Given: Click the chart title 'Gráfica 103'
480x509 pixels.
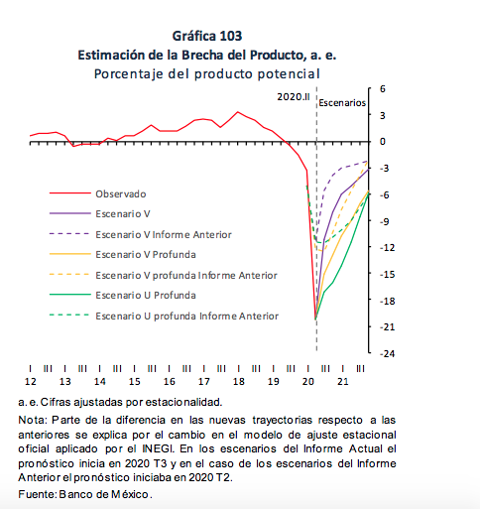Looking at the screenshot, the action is point(207,36).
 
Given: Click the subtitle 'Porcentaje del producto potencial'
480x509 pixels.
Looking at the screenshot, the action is point(207,73).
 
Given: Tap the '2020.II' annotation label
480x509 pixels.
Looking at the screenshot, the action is point(294,97).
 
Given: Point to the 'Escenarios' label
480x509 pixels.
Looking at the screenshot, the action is point(342,103).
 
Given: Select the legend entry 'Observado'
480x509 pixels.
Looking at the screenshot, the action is point(121,193).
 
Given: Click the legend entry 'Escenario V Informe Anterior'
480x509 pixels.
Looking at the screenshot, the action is point(164,234).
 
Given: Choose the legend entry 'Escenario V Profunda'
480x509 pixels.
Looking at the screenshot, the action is point(146,255).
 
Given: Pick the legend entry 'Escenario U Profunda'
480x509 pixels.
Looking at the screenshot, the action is point(146,296).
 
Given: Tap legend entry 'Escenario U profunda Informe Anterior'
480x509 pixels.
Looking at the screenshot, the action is point(187,317).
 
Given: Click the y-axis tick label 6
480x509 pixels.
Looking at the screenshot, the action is point(383,88).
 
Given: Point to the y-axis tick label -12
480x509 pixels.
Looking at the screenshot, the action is point(387,247).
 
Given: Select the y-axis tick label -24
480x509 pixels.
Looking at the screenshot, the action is point(387,353).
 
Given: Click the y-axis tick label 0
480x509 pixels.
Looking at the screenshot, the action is point(383,142).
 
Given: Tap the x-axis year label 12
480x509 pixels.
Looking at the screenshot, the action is point(31,382).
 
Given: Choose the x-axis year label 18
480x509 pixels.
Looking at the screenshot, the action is point(239,382).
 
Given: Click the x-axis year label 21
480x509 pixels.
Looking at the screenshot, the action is point(343,382).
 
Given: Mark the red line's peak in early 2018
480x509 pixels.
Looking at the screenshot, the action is point(238,112).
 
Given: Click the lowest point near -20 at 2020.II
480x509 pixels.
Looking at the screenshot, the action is point(315,318).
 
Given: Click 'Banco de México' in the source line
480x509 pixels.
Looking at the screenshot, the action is point(104,494).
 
